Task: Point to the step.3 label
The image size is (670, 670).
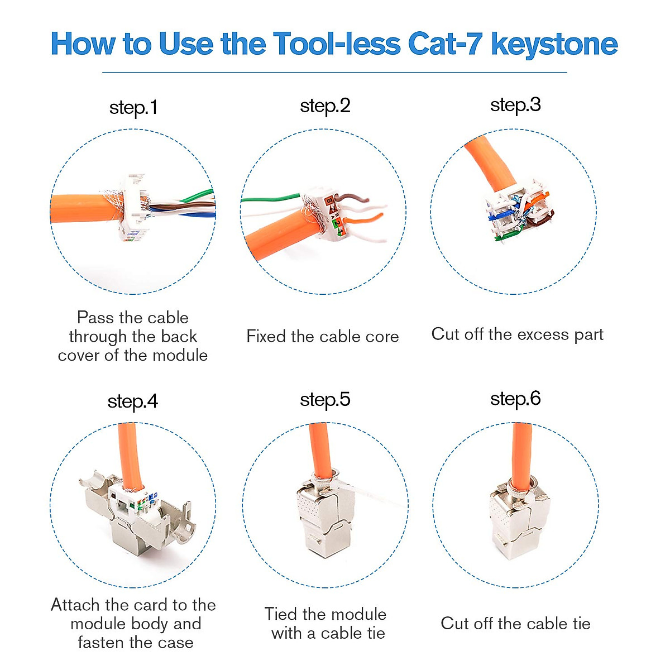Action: (515, 106)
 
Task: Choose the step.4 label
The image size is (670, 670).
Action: (133, 402)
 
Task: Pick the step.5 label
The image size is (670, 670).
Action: (325, 400)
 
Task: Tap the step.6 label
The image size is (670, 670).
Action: (515, 399)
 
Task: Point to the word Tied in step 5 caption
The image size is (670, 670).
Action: (281, 614)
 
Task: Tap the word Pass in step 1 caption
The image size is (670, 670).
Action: (95, 318)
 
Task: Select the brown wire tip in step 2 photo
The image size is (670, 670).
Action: (366, 200)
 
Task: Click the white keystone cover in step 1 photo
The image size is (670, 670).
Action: (134, 208)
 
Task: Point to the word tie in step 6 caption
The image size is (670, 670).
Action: (581, 624)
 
